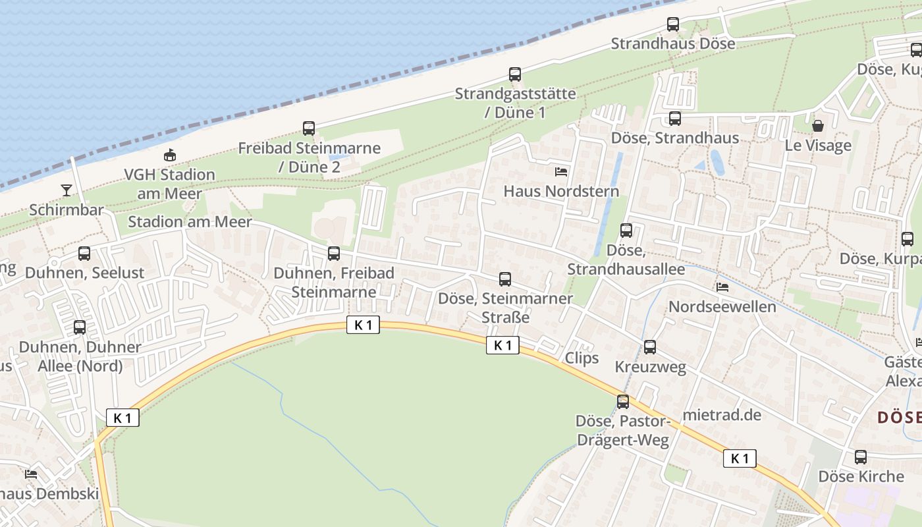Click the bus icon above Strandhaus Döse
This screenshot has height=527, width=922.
click(x=672, y=24)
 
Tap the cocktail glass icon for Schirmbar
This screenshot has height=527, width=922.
click(x=67, y=190)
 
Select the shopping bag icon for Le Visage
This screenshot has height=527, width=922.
click(x=817, y=126)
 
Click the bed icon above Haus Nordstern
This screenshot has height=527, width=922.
click(x=561, y=172)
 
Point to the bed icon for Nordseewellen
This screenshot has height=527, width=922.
click(x=722, y=287)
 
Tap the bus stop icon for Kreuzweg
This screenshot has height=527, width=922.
click(x=650, y=347)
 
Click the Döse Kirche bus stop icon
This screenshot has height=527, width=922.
click(x=861, y=457)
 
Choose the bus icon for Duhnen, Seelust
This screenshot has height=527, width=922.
click(x=84, y=254)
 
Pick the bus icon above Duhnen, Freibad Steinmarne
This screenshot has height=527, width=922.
click(x=334, y=254)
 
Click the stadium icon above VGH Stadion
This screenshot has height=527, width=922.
click(x=170, y=155)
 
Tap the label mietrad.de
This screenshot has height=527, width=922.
click(x=722, y=415)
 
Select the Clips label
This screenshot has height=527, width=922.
click(x=582, y=358)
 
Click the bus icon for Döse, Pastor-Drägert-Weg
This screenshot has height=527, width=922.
click(x=622, y=401)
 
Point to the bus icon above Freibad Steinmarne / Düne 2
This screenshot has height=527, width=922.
click(x=309, y=128)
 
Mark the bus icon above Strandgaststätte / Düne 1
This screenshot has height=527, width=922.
click(x=515, y=74)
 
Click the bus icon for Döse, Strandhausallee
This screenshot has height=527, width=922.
click(x=626, y=231)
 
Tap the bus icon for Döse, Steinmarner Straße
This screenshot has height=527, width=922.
click(x=505, y=279)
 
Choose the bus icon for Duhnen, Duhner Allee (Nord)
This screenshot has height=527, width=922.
click(x=80, y=327)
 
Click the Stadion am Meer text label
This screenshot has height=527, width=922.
click(x=190, y=221)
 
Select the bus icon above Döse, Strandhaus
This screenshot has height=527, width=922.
click(x=675, y=119)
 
